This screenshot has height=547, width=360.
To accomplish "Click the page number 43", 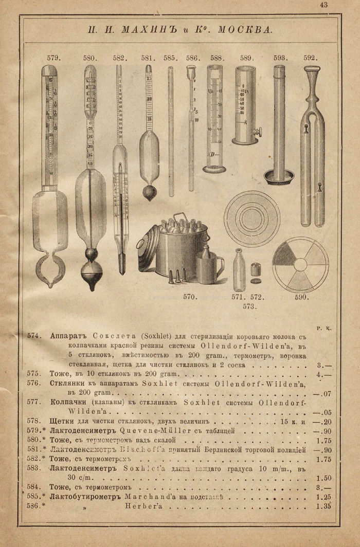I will point(323,5).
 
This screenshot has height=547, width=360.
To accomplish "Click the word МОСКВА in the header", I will point(244,29).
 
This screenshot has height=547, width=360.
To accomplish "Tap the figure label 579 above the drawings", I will point(53,58).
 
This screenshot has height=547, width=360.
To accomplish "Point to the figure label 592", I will point(311,58).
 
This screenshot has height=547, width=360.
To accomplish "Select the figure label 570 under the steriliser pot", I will point(190,297).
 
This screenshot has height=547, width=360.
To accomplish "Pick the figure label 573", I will point(250,306).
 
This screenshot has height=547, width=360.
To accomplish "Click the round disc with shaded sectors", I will point(300,265).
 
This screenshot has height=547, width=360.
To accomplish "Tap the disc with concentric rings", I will point(252,218).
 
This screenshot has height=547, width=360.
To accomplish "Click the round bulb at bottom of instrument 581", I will point(150,193).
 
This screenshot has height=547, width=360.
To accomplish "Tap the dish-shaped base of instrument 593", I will point(279,177).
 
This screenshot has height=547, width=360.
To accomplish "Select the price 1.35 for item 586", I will point(324,506).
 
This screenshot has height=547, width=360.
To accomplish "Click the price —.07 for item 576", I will point(324,394).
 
